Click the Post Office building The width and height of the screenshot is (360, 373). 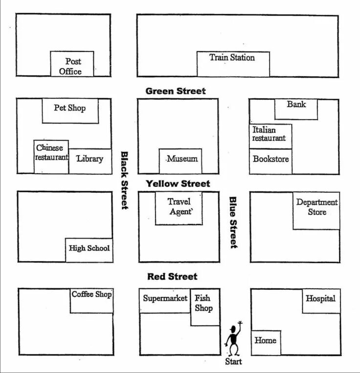[x=72, y=64]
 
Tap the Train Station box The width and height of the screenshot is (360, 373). [x=233, y=64]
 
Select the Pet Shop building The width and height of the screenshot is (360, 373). [x=70, y=111]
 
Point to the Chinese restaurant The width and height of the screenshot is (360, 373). [x=51, y=156]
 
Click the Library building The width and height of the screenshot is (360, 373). [x=90, y=161]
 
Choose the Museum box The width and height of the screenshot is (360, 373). [x=180, y=161]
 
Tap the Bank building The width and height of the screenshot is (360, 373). [x=296, y=109]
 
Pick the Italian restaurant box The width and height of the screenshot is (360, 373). [x=270, y=136]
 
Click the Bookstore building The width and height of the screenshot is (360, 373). [x=270, y=161]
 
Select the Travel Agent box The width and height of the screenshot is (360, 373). [x=179, y=208]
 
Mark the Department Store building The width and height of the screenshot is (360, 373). [x=316, y=210]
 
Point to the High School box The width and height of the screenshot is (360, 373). [x=89, y=250]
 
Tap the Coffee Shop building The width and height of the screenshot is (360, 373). [x=91, y=300]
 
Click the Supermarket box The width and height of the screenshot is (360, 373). [x=165, y=300]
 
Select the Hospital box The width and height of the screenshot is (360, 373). [x=321, y=301]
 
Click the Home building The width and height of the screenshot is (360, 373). [x=266, y=342]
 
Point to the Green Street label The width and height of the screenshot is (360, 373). [x=176, y=91]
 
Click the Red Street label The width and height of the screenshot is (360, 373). [x=172, y=277]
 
